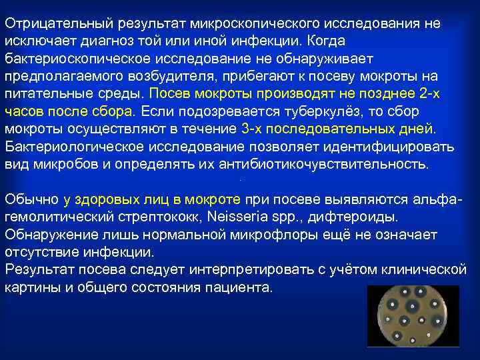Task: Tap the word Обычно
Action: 32,199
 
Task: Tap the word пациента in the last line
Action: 242,287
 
